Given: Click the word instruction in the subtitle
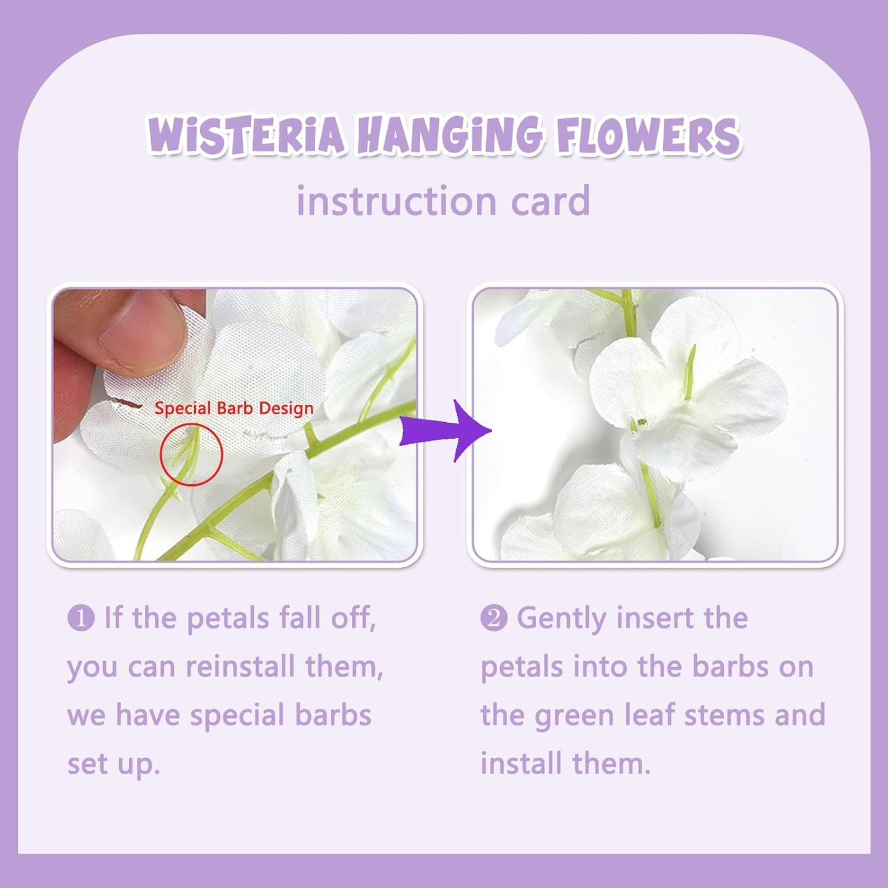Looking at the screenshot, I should [x=396, y=201].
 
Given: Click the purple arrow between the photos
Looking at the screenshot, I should [x=446, y=430].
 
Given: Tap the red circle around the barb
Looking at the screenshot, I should [x=191, y=454].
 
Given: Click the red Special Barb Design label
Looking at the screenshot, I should [x=234, y=408].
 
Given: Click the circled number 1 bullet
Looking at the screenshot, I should [x=81, y=618].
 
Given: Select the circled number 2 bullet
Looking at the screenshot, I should [x=493, y=618].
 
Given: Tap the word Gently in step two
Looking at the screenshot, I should [x=561, y=618].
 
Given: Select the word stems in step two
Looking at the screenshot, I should [x=725, y=715].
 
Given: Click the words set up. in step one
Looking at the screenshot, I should [x=114, y=764].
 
